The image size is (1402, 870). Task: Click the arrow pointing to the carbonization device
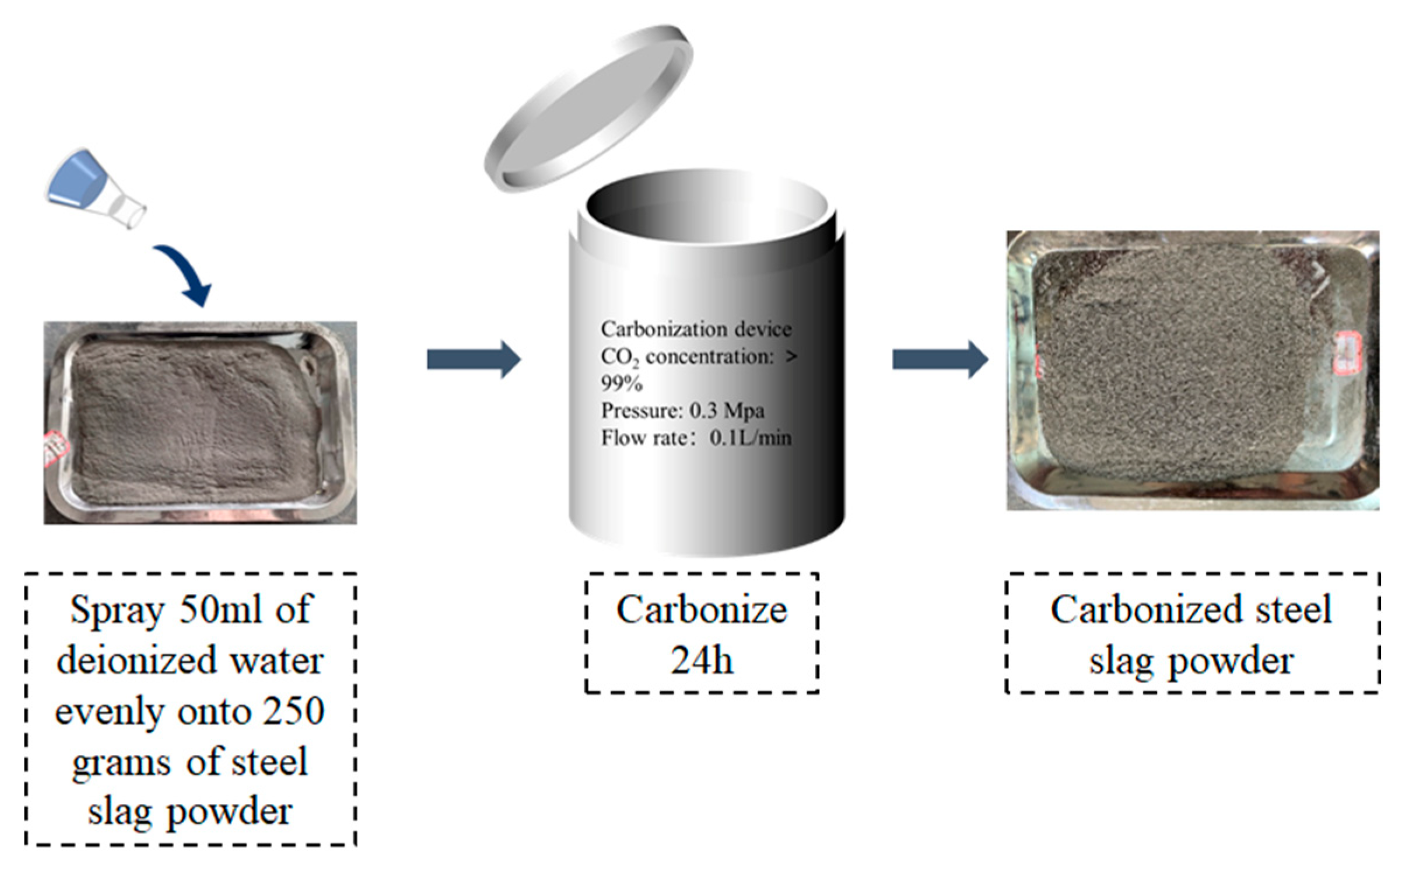pos(474,359)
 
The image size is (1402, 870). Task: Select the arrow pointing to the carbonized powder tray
pos(940,359)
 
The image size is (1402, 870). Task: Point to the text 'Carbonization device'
pos(696,329)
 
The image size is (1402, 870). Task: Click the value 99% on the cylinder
pos(622,383)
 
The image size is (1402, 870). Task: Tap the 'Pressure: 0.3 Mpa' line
pos(682,411)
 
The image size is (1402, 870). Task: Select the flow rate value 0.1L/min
pos(751,438)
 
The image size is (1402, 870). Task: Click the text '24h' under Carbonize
pos(702,661)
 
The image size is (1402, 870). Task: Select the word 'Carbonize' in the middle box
pos(702,610)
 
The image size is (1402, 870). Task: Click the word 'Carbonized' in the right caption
pos(1144,610)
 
